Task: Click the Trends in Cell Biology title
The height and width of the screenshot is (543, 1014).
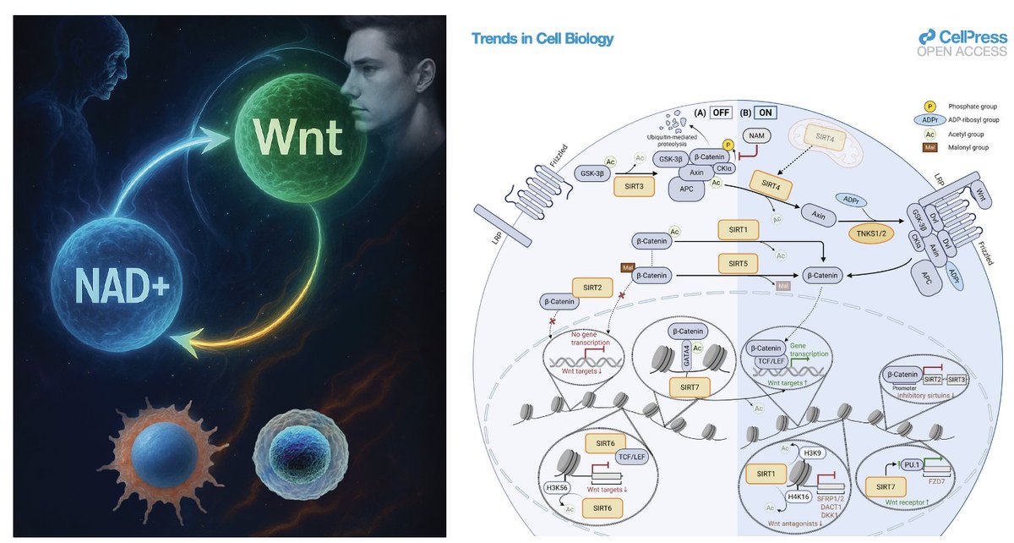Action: [x=542, y=39]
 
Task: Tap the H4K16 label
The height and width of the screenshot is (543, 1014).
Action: [x=799, y=496]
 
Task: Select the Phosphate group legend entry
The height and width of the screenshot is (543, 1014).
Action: [x=963, y=106]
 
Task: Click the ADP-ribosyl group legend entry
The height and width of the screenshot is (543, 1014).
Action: [x=963, y=122]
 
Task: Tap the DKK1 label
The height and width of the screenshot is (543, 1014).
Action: [x=848, y=510]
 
